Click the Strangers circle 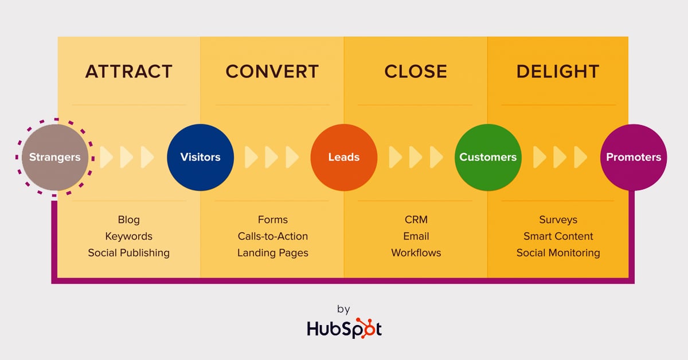[x=55, y=157]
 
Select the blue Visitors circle [x=200, y=157]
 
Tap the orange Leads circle [x=344, y=157]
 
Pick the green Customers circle [x=488, y=157]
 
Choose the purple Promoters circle [x=634, y=157]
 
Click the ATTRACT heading [x=128, y=72]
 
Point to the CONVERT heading [x=272, y=72]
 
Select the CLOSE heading [x=416, y=72]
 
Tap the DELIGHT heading [x=558, y=72]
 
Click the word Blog [x=128, y=220]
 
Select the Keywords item [x=128, y=236]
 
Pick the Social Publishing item [x=128, y=253]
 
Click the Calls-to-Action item [x=273, y=236]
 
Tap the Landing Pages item [x=273, y=253]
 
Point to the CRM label [x=416, y=220]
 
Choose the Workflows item [x=416, y=252]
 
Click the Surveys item [x=558, y=220]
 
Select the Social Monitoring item [x=558, y=253]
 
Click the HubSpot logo [x=344, y=328]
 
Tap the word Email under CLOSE [x=416, y=236]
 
